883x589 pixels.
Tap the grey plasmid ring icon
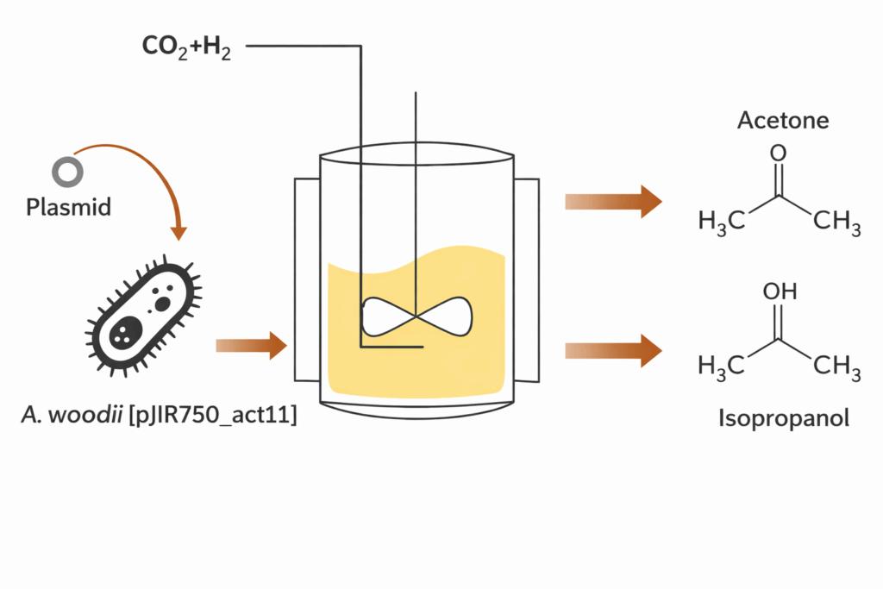(x=67, y=172)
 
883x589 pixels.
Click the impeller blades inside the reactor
(x=417, y=318)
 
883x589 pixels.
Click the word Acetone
(x=783, y=120)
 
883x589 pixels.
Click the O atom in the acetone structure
(x=778, y=154)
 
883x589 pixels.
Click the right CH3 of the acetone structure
(x=837, y=224)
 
